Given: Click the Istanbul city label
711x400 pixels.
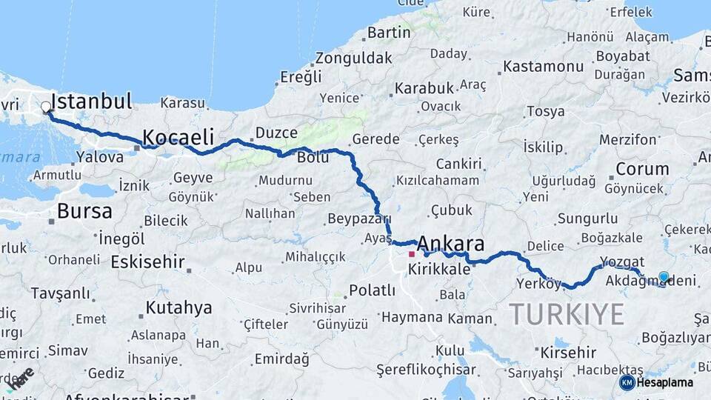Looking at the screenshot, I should (x=92, y=101).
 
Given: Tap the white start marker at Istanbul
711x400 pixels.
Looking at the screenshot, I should (x=46, y=107).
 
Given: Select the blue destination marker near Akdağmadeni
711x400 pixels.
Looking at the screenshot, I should (x=664, y=277).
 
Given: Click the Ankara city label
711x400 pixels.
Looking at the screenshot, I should (x=450, y=244).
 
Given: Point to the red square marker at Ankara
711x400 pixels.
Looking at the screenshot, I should (x=412, y=254).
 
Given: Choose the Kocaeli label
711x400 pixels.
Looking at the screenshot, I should (x=178, y=137).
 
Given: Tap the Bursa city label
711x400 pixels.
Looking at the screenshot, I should (x=84, y=211).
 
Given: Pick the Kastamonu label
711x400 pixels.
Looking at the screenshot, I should (x=544, y=67).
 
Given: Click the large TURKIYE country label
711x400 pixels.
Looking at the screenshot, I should (x=567, y=315).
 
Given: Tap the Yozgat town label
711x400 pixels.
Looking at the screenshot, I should (x=622, y=261).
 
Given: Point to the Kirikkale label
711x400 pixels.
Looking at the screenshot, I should (x=439, y=269).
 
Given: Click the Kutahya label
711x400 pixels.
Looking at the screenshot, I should (x=178, y=307).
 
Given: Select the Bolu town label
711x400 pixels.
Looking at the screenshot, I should (x=313, y=158).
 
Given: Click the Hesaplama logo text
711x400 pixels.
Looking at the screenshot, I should (x=664, y=382).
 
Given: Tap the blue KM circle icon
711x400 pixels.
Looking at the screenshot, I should (x=627, y=382).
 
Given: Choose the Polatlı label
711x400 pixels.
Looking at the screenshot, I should (x=372, y=290).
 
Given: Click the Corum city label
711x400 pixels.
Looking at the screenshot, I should (x=642, y=169).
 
